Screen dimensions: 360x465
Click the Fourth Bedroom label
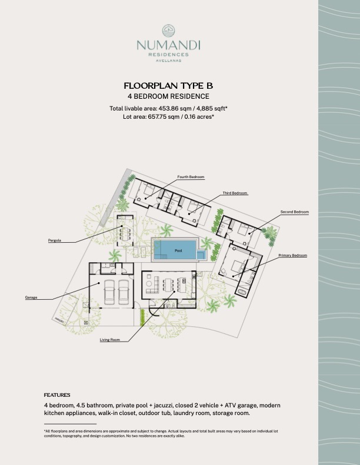click(191, 177)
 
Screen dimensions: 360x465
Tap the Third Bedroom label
click(235, 193)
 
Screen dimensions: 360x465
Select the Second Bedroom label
click(294, 212)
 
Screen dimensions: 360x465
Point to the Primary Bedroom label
click(292, 255)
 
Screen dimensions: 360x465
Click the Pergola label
click(55, 240)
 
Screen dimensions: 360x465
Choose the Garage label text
click(31, 297)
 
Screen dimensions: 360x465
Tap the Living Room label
click(110, 340)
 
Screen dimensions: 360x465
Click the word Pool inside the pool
click(178, 250)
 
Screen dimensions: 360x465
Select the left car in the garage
click(109, 292)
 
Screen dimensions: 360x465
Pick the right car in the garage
click(123, 292)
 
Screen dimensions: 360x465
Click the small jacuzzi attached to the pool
click(201, 255)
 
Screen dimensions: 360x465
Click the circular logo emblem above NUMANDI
click(168, 31)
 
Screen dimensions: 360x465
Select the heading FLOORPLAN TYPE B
click(168, 86)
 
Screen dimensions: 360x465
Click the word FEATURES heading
click(57, 395)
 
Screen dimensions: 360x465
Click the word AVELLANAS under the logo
click(169, 61)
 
